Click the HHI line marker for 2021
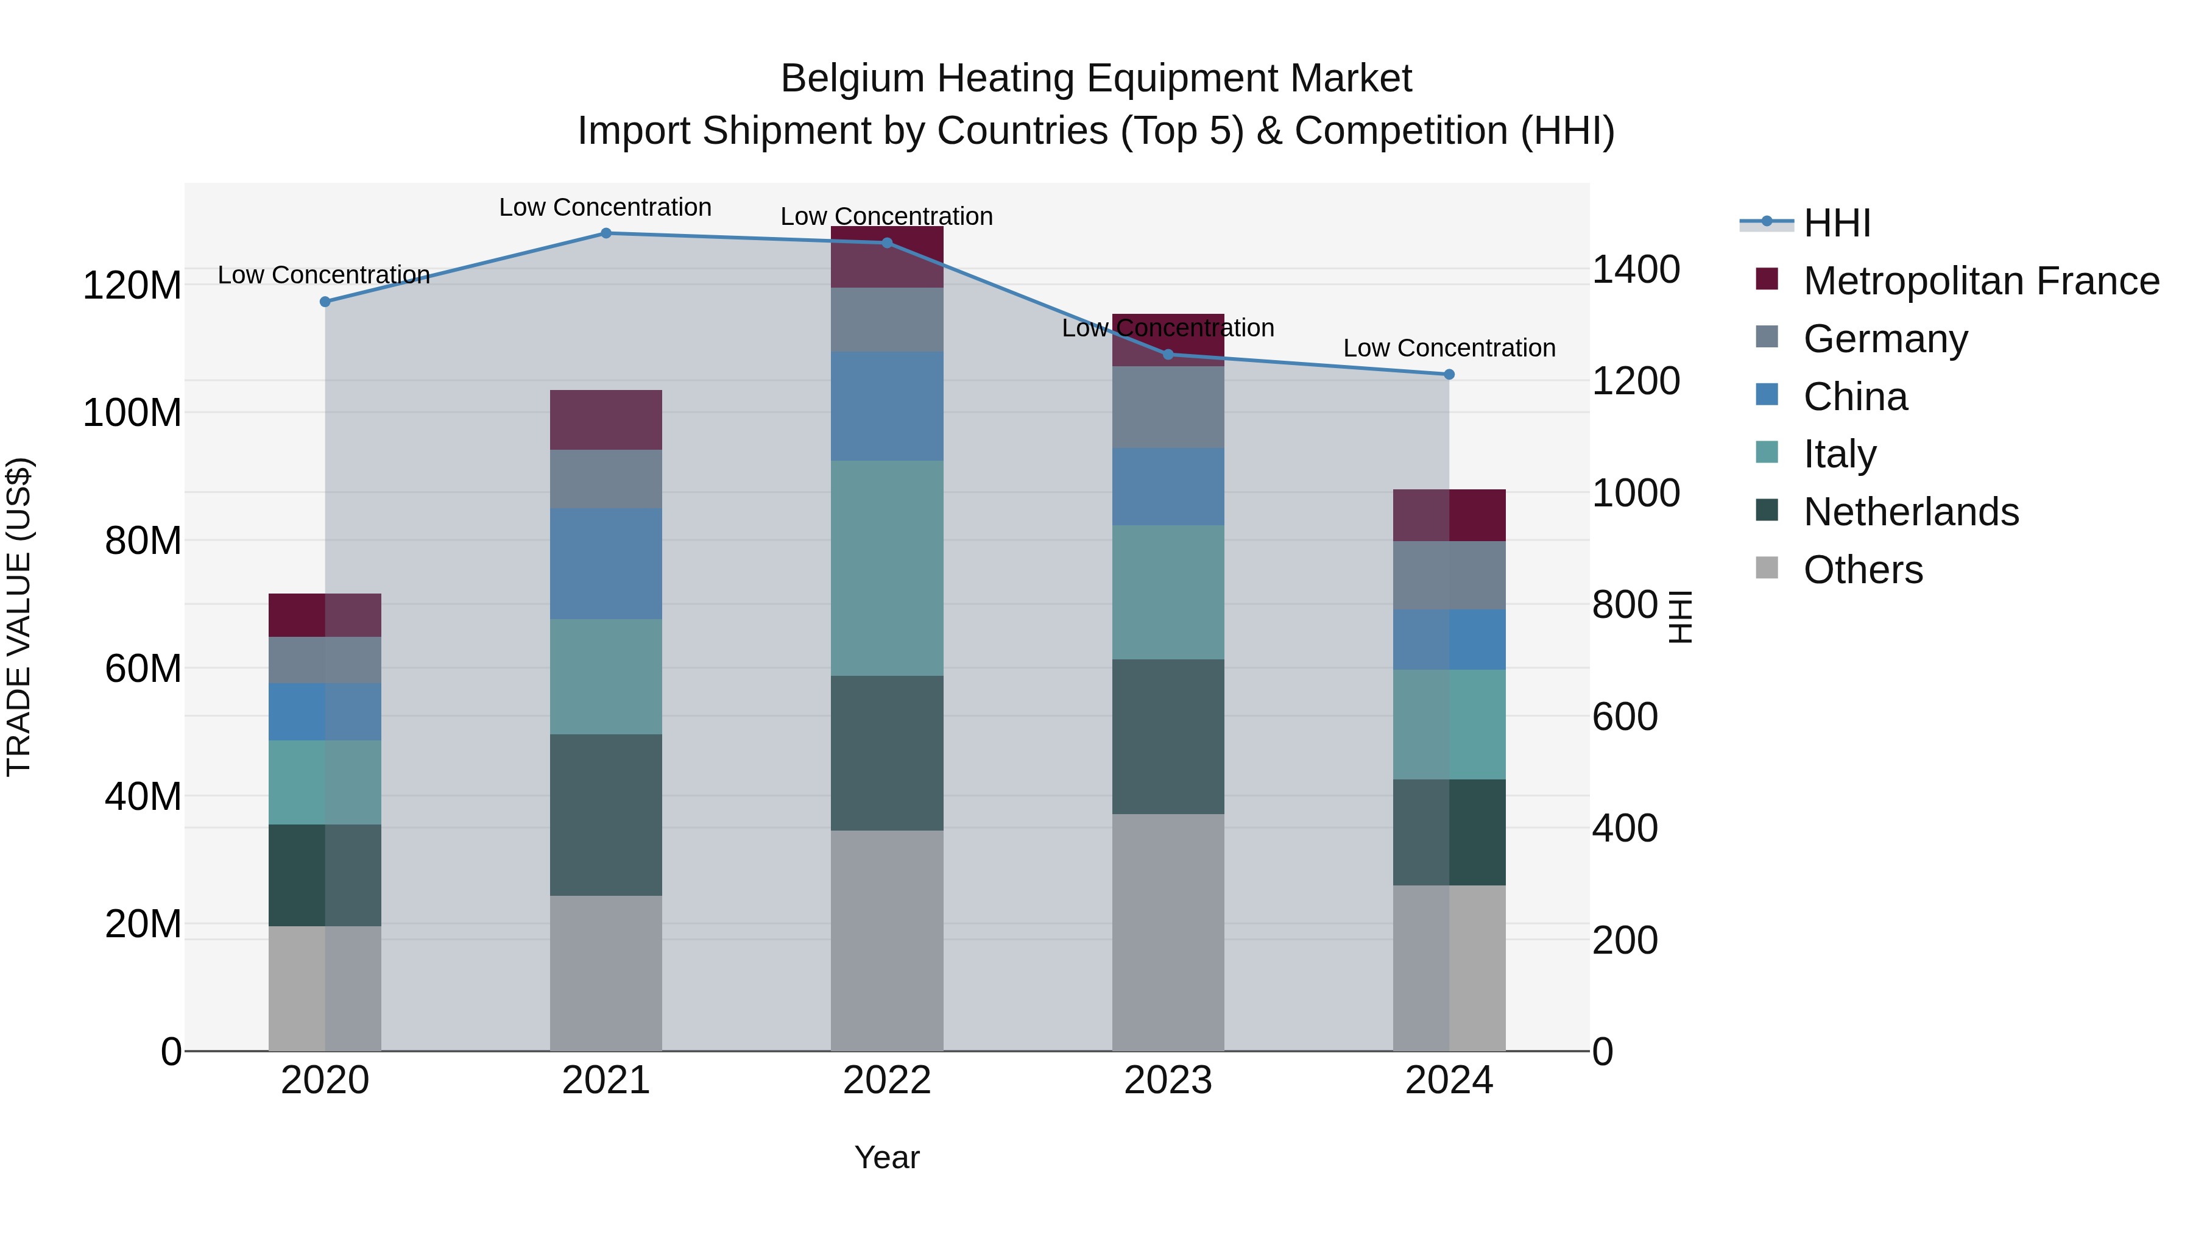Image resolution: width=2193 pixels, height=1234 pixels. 606,233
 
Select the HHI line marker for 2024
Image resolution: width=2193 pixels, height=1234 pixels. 1449,375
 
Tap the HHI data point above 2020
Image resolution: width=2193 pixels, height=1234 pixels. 324,302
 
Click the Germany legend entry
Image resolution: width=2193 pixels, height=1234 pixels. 1885,339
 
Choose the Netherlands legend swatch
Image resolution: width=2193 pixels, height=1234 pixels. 1767,511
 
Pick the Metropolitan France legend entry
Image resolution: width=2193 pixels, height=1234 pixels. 1980,281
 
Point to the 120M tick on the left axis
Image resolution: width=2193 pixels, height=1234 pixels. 132,285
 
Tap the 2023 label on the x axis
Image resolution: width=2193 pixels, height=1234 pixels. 1167,1080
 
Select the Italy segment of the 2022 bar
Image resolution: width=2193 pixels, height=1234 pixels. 886,568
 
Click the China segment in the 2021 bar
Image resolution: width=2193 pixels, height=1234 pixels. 606,564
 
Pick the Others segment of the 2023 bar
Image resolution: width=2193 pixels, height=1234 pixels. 1167,932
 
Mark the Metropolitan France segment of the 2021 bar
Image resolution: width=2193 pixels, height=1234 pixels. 606,420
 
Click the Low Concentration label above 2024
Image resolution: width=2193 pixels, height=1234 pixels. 1449,349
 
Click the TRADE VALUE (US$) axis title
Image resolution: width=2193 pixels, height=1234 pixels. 19,617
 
